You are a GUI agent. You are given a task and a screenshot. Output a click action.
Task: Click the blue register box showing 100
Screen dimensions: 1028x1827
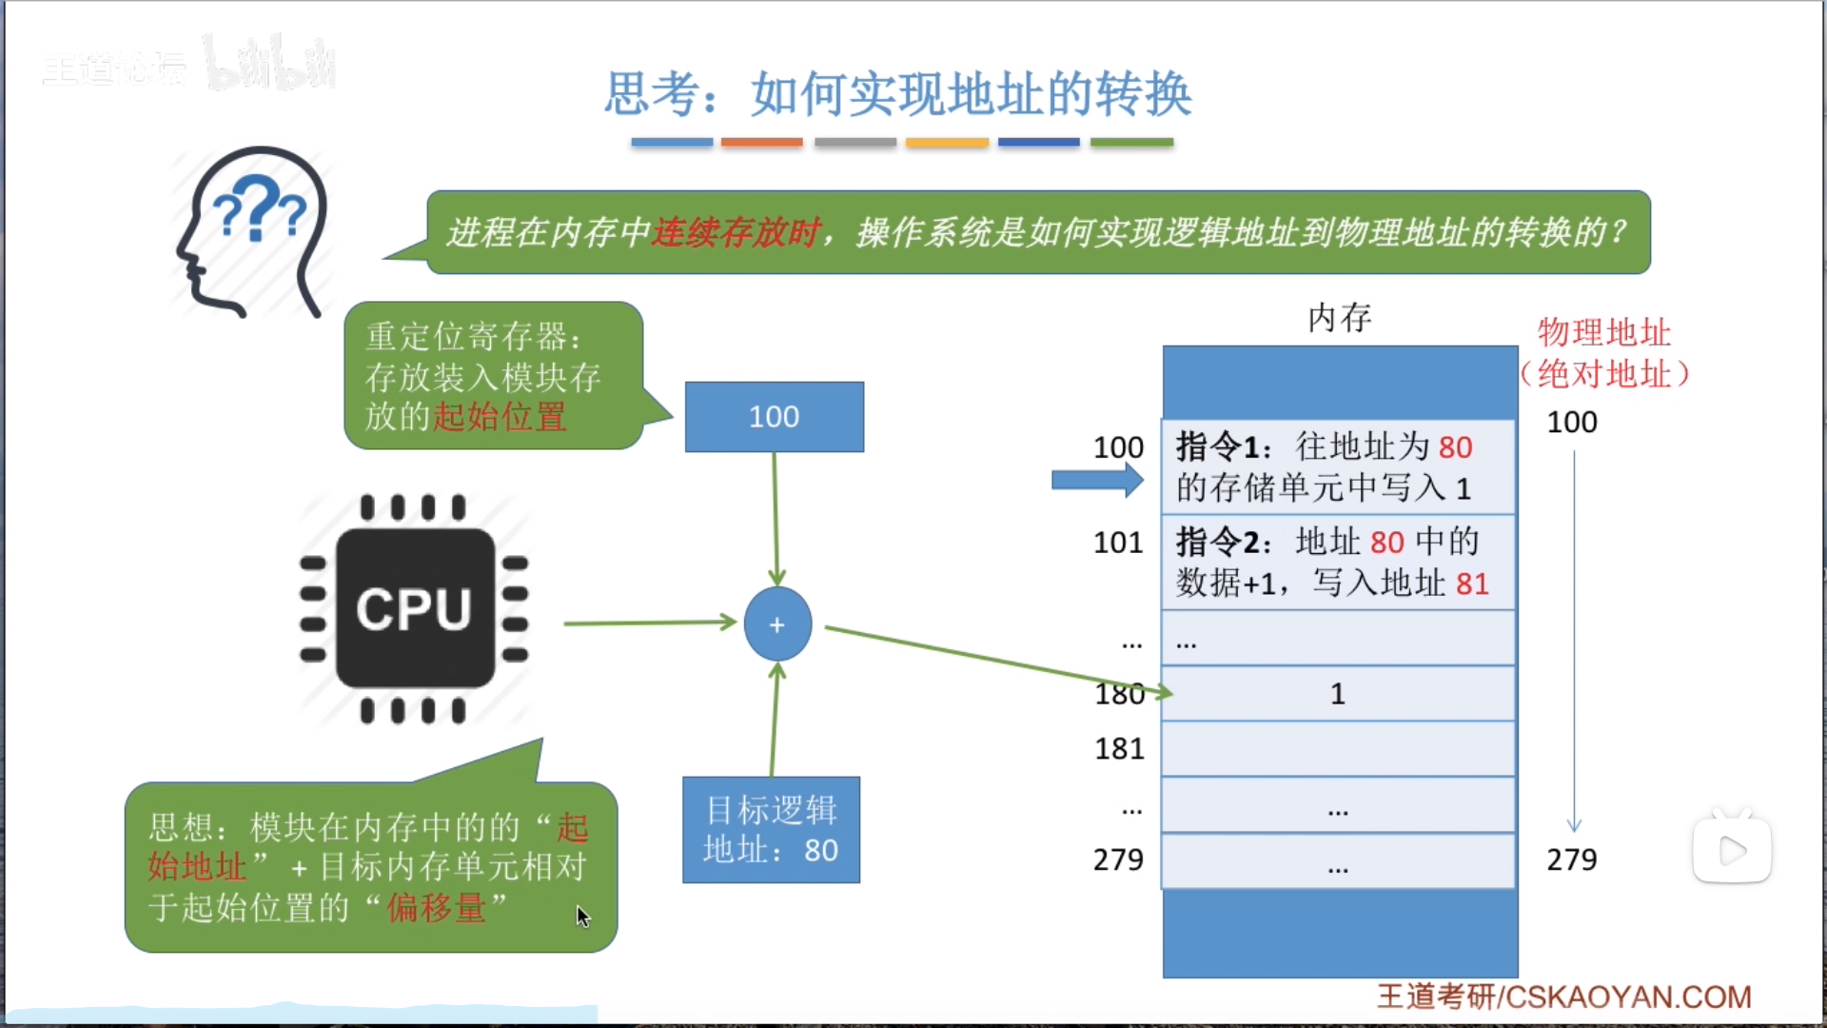coord(774,417)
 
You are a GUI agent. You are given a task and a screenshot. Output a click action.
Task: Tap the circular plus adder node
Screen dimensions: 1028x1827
coord(777,624)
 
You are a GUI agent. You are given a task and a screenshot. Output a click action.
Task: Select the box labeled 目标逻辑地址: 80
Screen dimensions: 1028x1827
coord(771,830)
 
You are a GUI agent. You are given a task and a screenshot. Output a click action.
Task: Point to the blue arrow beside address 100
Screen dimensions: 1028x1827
coord(1096,481)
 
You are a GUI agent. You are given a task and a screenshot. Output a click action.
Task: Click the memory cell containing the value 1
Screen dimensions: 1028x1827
coord(1338,694)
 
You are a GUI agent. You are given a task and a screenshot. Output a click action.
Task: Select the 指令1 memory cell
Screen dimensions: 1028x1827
coord(1338,466)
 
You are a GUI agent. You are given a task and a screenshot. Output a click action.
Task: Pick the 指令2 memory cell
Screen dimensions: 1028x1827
coord(1338,562)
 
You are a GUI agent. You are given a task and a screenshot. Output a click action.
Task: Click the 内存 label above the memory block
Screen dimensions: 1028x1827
coord(1339,318)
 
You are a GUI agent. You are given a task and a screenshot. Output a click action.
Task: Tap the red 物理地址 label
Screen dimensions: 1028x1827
coord(1604,333)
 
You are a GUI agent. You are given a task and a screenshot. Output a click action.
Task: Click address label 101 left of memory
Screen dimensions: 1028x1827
coord(1118,543)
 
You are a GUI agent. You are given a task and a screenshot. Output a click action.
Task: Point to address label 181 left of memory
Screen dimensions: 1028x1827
coord(1119,749)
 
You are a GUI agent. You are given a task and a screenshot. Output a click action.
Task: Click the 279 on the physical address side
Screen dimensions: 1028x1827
coord(1571,860)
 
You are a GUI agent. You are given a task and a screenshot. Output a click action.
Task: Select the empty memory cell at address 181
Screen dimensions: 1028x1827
coord(1338,749)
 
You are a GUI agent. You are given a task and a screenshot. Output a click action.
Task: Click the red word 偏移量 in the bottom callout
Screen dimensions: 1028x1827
coord(436,908)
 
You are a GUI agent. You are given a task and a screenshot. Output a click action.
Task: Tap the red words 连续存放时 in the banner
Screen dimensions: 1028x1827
coord(735,232)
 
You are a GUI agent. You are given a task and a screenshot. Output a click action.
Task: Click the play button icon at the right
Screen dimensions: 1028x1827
coord(1732,850)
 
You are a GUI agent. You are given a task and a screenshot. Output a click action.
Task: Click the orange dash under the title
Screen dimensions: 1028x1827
coord(761,143)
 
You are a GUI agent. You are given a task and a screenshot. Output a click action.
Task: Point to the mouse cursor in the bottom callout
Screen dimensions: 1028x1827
coord(582,916)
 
